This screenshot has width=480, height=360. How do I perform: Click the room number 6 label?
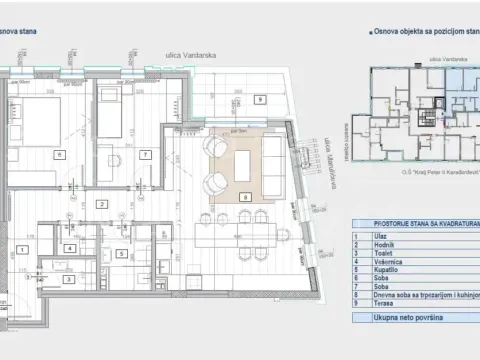click(59, 155)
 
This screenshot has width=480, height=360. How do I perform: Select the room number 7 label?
click(146, 155)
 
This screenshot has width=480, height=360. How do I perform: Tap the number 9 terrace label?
click(259, 100)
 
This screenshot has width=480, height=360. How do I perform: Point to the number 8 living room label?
click(246, 198)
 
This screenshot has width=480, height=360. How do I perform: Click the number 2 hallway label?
click(101, 204)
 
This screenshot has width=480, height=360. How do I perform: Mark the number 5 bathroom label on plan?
click(120, 254)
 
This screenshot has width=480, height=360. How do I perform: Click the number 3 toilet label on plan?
click(46, 271)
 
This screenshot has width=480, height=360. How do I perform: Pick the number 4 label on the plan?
click(69, 248)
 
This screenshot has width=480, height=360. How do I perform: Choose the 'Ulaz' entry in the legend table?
click(378, 235)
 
